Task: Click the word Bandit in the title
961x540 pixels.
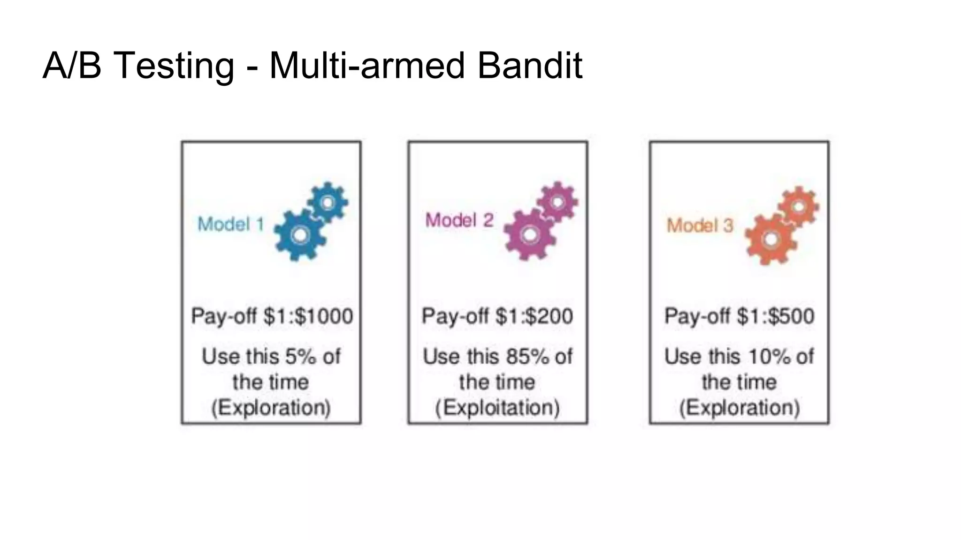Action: point(530,66)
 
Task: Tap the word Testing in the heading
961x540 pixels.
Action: point(174,66)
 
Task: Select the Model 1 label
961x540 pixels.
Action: point(231,225)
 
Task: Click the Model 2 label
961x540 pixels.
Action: point(459,220)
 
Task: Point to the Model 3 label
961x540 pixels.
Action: point(700,225)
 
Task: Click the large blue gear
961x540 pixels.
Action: point(299,235)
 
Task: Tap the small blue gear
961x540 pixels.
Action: point(328,202)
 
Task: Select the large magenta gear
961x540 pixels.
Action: point(529,234)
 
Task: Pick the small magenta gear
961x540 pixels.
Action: point(557,202)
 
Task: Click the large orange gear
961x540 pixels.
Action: point(770,240)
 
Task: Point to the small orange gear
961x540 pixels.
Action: point(799,207)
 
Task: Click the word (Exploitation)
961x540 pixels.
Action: point(497,407)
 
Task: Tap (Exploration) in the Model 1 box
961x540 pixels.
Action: point(271,407)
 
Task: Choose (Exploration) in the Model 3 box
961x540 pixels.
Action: point(740,407)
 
